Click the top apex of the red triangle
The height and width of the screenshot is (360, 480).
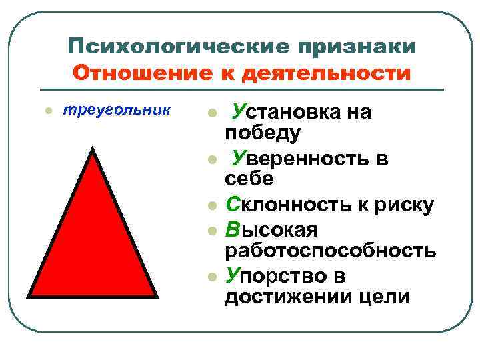point(93,149)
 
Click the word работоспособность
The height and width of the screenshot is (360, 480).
point(330,250)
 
